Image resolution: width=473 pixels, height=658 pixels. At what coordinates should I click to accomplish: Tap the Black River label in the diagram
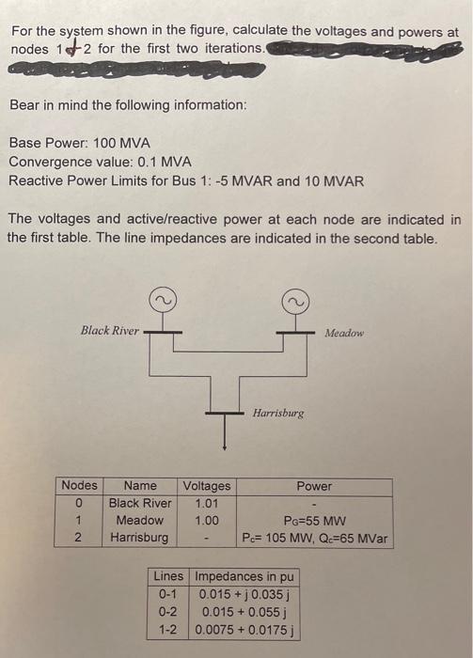click(x=110, y=330)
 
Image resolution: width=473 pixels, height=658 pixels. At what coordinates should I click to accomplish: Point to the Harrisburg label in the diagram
click(x=278, y=413)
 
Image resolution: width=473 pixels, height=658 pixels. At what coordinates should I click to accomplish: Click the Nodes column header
click(x=79, y=486)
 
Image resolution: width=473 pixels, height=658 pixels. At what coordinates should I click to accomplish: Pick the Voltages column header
click(x=206, y=486)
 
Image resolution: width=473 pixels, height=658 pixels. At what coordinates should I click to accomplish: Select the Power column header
click(x=314, y=486)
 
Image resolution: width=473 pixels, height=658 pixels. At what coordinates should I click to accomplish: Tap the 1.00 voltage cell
click(x=206, y=520)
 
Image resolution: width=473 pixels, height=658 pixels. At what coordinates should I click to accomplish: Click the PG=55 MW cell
click(x=314, y=520)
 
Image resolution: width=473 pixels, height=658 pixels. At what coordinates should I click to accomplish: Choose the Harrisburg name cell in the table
click(x=139, y=538)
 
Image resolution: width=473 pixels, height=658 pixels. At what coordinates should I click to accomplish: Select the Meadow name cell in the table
click(x=139, y=520)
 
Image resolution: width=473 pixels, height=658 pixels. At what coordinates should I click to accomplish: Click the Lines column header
click(x=168, y=575)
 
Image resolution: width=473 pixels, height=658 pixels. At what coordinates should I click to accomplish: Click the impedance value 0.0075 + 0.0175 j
click(x=244, y=629)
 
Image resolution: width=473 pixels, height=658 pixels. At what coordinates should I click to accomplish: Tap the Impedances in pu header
click(x=244, y=575)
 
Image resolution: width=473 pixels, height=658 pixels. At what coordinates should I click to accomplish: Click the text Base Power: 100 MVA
click(x=79, y=144)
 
